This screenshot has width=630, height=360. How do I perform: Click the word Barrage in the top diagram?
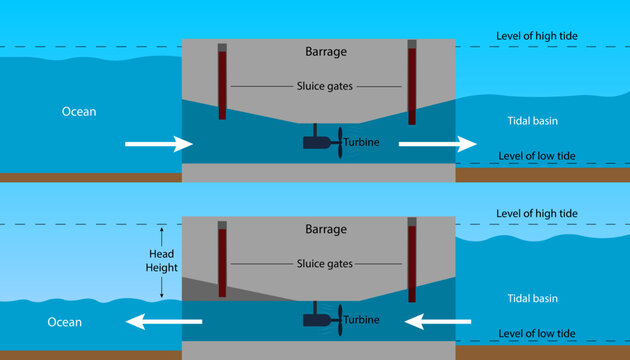tap(326, 51)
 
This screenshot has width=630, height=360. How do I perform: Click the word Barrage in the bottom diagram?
tap(326, 229)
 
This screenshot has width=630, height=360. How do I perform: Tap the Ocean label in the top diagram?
tap(77, 112)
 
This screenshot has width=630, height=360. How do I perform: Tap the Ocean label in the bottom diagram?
tap(63, 322)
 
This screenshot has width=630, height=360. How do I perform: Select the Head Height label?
tap(162, 261)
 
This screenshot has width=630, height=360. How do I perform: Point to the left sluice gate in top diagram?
tap(222, 82)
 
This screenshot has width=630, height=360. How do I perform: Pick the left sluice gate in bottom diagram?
tap(222, 261)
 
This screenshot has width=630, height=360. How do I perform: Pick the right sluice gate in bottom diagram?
tap(412, 261)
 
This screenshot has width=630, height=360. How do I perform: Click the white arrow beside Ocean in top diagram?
tap(158, 145)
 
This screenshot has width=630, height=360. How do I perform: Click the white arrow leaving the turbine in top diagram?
tap(437, 145)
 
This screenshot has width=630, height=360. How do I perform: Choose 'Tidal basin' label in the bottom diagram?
tap(526, 298)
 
